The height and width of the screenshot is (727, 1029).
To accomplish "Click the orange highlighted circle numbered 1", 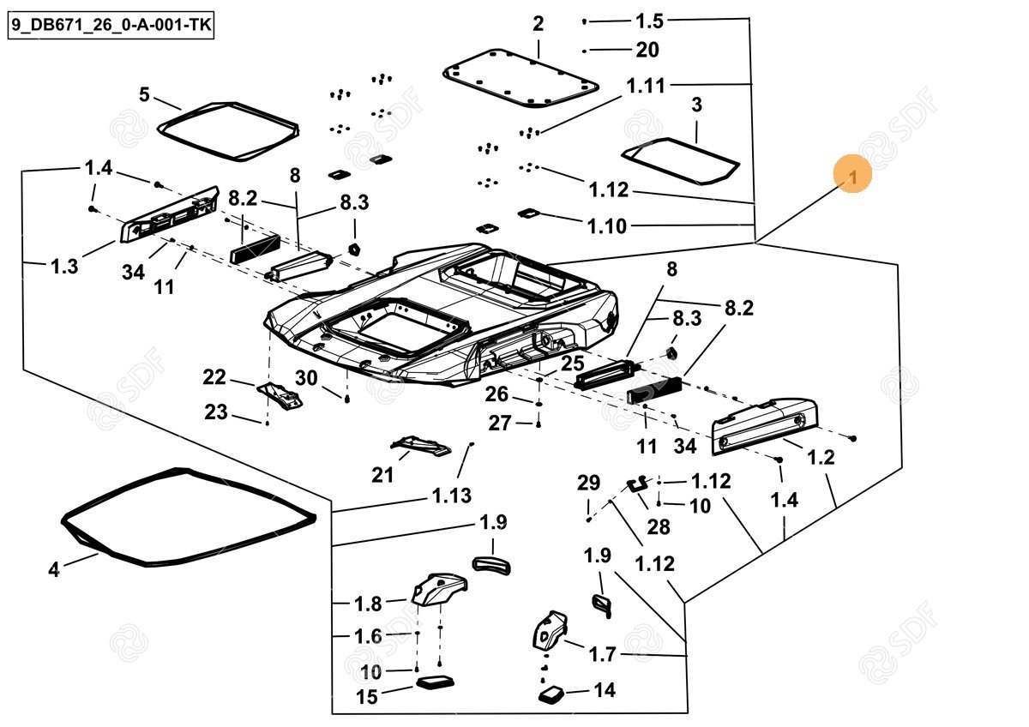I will [852, 176].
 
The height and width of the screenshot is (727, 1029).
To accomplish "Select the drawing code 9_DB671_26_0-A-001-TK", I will [110, 27].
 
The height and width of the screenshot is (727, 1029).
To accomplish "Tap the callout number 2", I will [538, 24].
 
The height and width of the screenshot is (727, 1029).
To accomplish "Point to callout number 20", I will [647, 51].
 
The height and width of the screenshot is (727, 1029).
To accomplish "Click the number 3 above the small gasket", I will [696, 105].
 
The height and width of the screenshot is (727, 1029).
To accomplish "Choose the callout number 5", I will [144, 94].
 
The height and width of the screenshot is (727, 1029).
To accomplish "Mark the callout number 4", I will [54, 568].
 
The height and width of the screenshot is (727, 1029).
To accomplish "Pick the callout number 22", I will [214, 377].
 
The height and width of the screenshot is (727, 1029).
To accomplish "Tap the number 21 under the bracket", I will [382, 474].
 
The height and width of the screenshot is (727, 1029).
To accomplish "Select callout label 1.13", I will [452, 496].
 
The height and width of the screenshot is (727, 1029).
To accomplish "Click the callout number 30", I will [306, 378].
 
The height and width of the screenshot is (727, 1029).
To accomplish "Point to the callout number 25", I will [572, 363].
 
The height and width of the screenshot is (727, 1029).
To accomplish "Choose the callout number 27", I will [500, 423].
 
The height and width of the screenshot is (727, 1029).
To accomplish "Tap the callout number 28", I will [659, 527].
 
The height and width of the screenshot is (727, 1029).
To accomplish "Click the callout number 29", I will [588, 483].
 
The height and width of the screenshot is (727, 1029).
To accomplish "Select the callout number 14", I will [605, 690].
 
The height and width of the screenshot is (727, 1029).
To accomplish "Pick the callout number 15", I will [366, 697].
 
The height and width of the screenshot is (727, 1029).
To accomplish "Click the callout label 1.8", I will [369, 604].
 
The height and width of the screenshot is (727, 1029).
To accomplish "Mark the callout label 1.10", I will [607, 226].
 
